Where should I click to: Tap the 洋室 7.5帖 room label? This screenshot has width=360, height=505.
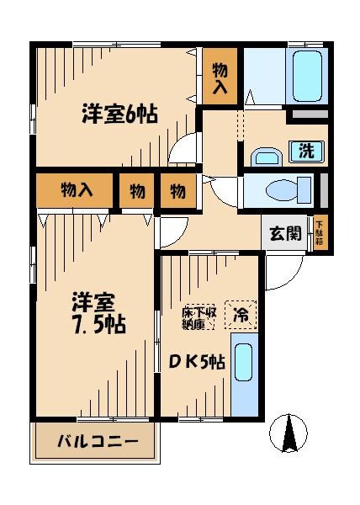pyautogui.click(x=98, y=312)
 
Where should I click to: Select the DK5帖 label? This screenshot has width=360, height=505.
pyautogui.click(x=199, y=363)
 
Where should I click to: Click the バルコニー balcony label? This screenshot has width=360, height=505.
pyautogui.click(x=98, y=442)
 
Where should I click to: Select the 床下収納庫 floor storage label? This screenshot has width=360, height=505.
pyautogui.click(x=200, y=317)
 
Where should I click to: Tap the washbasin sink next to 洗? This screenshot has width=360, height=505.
pyautogui.click(x=267, y=156)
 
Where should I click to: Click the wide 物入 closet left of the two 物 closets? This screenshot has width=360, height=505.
pyautogui.click(x=75, y=191)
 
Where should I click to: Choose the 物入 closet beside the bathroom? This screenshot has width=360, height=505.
pyautogui.click(x=221, y=77)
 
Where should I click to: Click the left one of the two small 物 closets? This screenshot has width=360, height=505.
pyautogui.click(x=136, y=191)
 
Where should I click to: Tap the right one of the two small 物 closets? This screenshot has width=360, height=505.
pyautogui.click(x=177, y=191)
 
